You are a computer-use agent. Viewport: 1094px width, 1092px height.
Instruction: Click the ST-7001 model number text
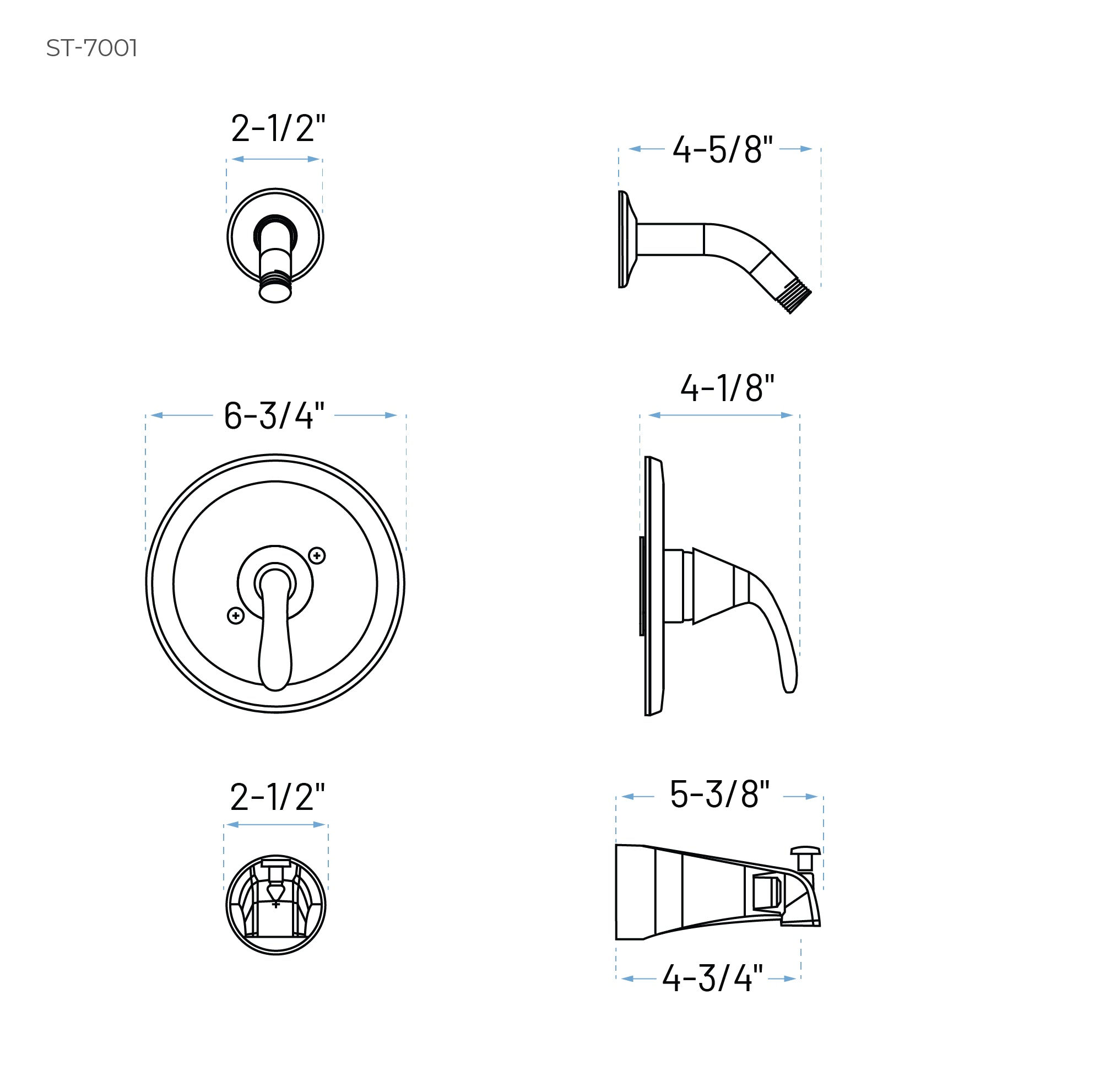(92, 48)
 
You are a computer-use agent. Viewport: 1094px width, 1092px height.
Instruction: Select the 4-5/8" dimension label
(722, 150)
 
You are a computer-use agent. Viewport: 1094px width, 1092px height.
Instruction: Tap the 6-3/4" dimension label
(274, 416)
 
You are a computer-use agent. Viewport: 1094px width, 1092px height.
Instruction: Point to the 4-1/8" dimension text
(727, 388)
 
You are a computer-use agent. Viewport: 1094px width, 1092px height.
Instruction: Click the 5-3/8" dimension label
(719, 794)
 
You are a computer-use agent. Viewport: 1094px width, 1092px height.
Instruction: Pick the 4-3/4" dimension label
(712, 978)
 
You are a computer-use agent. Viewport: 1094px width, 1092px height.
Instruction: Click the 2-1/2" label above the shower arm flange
(278, 128)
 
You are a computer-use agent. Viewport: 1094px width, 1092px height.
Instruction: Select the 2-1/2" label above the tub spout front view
(278, 797)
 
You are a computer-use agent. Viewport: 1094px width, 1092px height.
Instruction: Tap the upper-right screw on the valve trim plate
(317, 555)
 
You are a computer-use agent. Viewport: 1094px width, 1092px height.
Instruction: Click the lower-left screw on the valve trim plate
(236, 615)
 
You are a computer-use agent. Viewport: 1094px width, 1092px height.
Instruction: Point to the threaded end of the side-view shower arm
(793, 296)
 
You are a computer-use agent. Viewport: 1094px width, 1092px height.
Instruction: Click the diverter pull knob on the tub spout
(805, 851)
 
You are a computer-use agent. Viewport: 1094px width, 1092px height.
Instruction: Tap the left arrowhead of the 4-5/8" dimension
(635, 149)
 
